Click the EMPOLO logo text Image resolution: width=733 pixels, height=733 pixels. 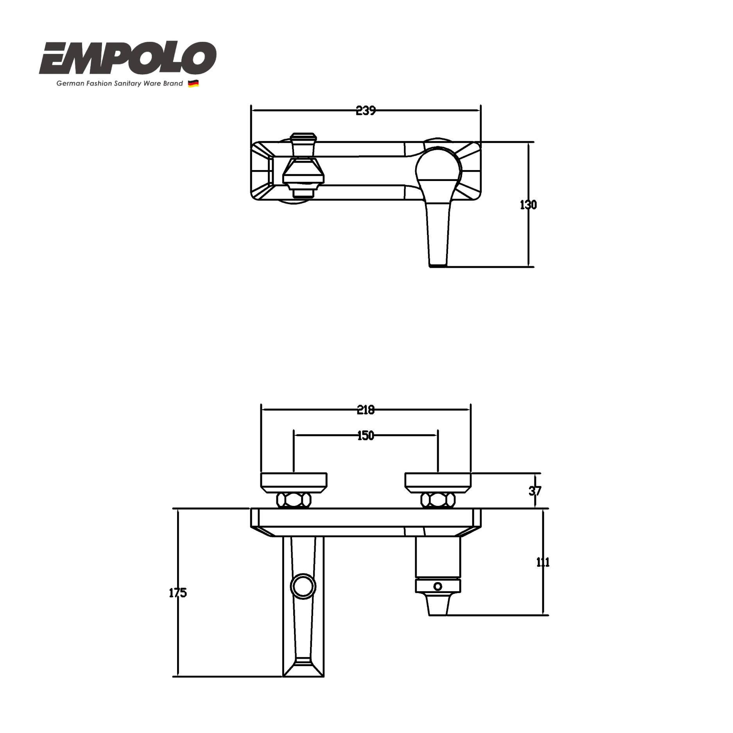click(127, 59)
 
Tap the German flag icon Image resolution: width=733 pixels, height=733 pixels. click(193, 84)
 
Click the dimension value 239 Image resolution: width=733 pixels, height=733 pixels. click(366, 111)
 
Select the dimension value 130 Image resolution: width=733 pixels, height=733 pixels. click(528, 205)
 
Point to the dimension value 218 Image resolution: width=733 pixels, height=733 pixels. click(366, 410)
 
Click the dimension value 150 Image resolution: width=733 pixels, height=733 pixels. click(366, 435)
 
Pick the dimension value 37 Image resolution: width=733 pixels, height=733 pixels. click(535, 491)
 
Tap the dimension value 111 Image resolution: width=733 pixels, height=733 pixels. click(543, 562)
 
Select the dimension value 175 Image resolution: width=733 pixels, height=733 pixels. click(178, 593)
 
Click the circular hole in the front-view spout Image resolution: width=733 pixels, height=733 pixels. click(303, 587)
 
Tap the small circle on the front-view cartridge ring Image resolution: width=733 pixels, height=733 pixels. click(438, 586)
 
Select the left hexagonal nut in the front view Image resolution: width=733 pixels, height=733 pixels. click(294, 500)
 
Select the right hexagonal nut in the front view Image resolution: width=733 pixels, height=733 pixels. click(438, 500)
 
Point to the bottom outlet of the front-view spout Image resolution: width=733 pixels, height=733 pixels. click(303, 671)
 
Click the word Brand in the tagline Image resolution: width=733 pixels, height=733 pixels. click(174, 84)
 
